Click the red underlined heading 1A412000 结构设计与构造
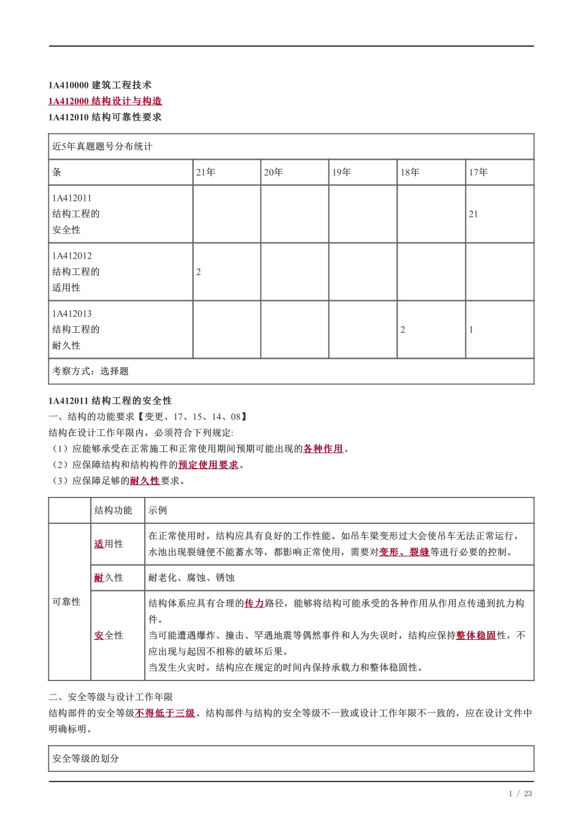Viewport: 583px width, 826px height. (x=105, y=101)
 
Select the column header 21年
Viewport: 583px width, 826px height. (x=206, y=173)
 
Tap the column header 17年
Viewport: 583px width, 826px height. (x=479, y=173)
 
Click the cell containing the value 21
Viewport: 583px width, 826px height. (x=473, y=214)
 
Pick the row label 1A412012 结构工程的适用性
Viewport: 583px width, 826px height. (x=76, y=271)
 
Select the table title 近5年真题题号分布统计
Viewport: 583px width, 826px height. (x=102, y=147)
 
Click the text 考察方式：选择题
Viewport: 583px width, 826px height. (x=90, y=372)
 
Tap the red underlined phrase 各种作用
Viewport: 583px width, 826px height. (x=323, y=449)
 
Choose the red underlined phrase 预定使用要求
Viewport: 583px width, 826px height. (x=209, y=465)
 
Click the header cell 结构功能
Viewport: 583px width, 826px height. (x=114, y=510)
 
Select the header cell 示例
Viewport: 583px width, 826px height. (x=158, y=510)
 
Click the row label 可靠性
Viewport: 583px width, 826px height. (x=66, y=602)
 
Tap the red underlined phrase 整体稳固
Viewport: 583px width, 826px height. (x=476, y=636)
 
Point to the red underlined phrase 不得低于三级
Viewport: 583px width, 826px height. (x=165, y=713)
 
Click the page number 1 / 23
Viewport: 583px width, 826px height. (x=520, y=793)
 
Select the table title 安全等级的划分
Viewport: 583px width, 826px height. (x=86, y=759)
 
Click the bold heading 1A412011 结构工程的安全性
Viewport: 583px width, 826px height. (x=110, y=401)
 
